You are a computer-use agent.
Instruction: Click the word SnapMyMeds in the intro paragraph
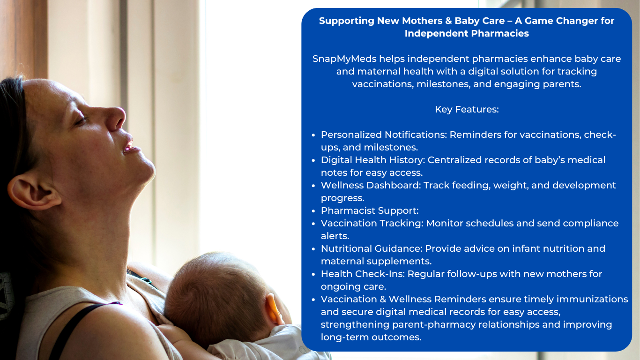coord(344,59)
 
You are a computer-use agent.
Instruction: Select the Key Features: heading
coord(467,109)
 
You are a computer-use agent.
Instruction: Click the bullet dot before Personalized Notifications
coord(313,135)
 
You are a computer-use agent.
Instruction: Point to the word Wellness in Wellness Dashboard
coord(342,185)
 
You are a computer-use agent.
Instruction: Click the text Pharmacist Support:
coord(370,211)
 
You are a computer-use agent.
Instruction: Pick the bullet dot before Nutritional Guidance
coord(313,249)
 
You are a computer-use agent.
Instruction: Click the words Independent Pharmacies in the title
coord(467,33)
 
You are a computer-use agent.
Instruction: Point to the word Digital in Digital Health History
coord(336,160)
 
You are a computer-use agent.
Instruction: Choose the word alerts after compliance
coord(335,236)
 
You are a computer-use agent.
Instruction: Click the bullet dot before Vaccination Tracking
coord(313,224)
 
